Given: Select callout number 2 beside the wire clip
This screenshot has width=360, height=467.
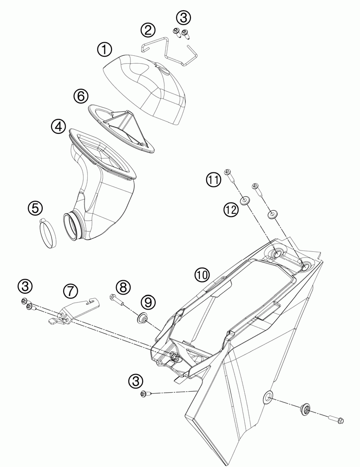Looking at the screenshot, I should click(x=148, y=30).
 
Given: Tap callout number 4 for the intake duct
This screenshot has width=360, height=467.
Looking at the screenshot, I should click(x=59, y=126).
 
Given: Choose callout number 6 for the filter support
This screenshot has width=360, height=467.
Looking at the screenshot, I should click(x=80, y=96).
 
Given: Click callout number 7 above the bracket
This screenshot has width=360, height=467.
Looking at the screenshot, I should click(x=70, y=291).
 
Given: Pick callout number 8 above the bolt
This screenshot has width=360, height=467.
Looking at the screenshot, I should click(x=123, y=287).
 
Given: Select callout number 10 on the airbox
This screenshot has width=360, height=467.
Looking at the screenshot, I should click(x=202, y=275).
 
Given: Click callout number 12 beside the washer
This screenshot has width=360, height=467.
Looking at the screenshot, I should click(x=231, y=209).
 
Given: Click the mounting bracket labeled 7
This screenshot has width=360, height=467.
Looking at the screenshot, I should click(x=74, y=310).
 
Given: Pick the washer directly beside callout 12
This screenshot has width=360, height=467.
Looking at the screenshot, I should click(x=245, y=201).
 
